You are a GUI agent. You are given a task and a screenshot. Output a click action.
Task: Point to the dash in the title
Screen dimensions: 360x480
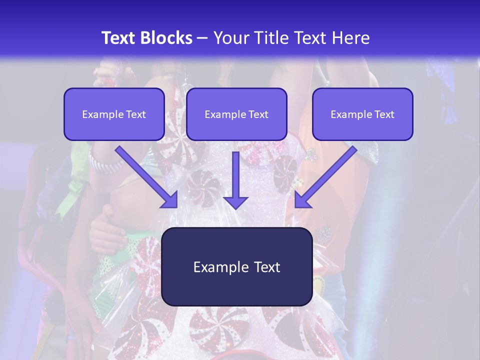coord(202,38)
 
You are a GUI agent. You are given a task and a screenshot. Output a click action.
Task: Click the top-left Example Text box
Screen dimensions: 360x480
coord(114,114)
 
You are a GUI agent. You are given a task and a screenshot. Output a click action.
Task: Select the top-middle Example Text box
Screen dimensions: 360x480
coord(236,114)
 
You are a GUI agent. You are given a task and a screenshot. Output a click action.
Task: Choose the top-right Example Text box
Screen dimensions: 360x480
coord(362,114)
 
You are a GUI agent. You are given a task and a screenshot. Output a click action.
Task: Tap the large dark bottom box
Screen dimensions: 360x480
coord(236,266)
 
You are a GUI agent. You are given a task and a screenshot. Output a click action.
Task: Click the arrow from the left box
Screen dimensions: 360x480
coord(145,175)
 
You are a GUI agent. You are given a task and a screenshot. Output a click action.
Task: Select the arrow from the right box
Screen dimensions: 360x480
coord(327,175)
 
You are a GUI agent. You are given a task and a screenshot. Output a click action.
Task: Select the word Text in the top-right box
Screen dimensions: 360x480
coord(384,114)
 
